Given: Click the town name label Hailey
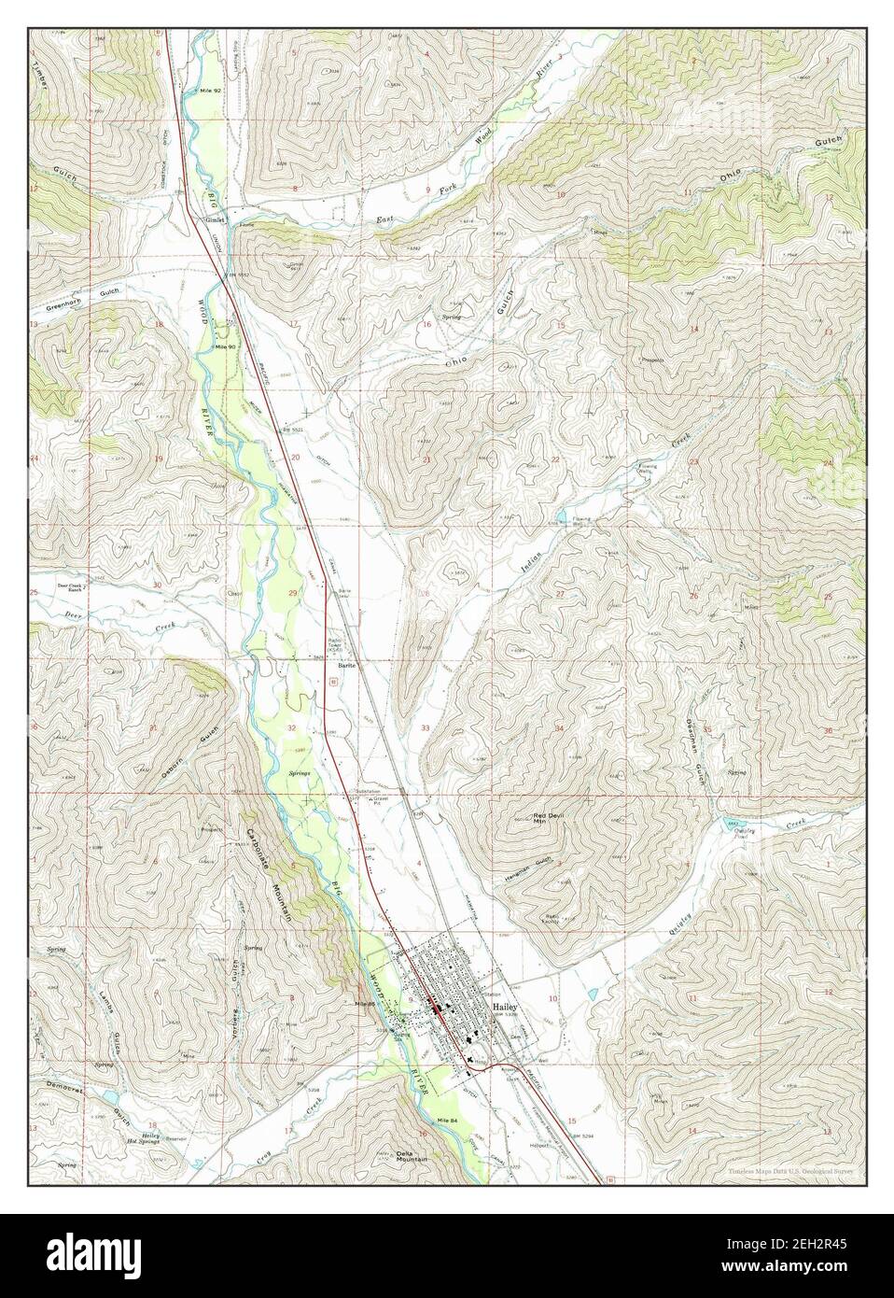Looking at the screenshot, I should (505, 1009).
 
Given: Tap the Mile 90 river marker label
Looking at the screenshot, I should (225, 346).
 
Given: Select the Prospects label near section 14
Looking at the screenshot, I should (650, 359).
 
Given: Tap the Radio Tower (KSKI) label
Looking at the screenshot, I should (337, 643).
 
